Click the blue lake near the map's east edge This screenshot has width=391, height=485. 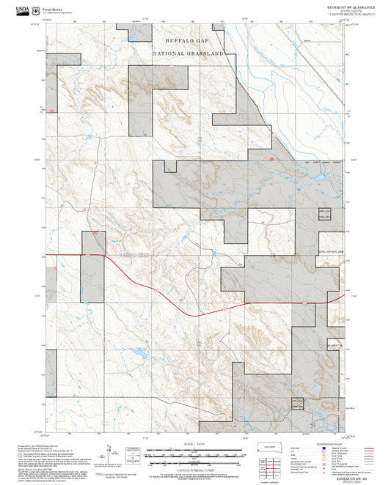pos(321,177)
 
